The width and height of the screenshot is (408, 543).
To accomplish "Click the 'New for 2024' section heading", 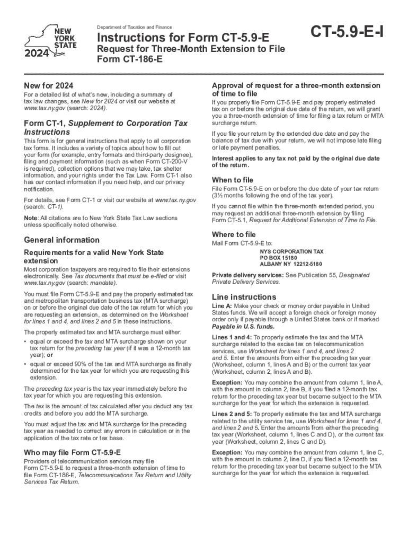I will [49, 86].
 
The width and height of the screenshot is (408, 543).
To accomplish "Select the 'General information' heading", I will [62, 240].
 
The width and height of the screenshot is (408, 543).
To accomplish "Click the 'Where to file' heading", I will [234, 234].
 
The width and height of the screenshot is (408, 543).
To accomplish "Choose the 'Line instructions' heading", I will [244, 297].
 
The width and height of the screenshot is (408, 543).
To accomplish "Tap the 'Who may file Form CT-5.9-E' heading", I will [73, 452].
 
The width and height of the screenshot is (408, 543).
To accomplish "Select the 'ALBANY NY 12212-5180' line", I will [290, 264].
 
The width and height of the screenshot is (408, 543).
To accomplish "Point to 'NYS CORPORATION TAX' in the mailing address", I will [291, 251].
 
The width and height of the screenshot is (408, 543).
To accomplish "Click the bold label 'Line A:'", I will [221, 306].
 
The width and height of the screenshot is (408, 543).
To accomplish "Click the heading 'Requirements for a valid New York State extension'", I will [94, 257].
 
